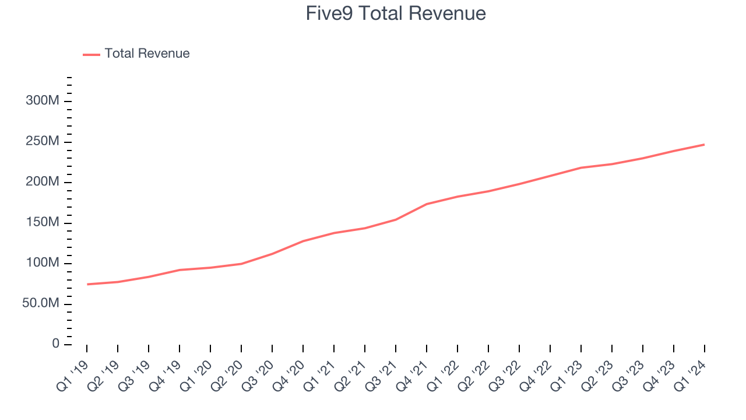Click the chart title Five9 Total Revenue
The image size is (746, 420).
(x=396, y=13)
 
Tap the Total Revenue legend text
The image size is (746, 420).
(x=147, y=54)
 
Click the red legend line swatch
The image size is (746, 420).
(x=92, y=54)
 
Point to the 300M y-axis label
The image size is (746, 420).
(x=42, y=101)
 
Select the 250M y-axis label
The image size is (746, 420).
(x=42, y=142)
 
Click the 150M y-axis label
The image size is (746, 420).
(x=42, y=223)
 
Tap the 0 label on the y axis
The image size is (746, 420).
(x=55, y=344)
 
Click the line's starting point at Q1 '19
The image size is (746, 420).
(x=87, y=284)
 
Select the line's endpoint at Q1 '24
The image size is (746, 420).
(x=705, y=144)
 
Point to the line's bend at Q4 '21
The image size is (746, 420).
(x=427, y=204)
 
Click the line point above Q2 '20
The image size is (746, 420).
(x=241, y=264)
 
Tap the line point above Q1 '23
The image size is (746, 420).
(x=581, y=167)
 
